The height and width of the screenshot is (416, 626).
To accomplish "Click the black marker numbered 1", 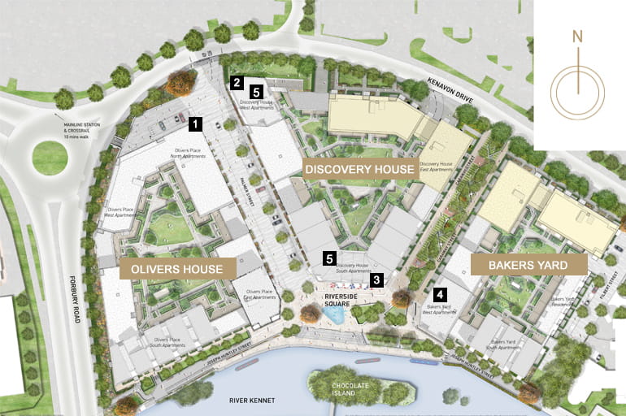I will (x=195, y=123).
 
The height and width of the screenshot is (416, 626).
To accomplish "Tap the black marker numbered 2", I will (x=237, y=82).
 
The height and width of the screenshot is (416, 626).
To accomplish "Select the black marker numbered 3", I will (x=376, y=279).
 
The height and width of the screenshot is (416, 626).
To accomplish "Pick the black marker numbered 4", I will (x=440, y=295).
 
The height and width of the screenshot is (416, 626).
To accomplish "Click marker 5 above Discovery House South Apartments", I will (x=329, y=258).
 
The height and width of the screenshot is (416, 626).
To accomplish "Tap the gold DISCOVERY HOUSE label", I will (x=359, y=167).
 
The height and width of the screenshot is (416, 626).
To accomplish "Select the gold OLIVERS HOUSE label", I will (x=178, y=267).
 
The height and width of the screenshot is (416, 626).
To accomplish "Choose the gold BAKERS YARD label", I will (x=526, y=264).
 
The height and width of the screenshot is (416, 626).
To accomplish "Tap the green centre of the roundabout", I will (x=50, y=158).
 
